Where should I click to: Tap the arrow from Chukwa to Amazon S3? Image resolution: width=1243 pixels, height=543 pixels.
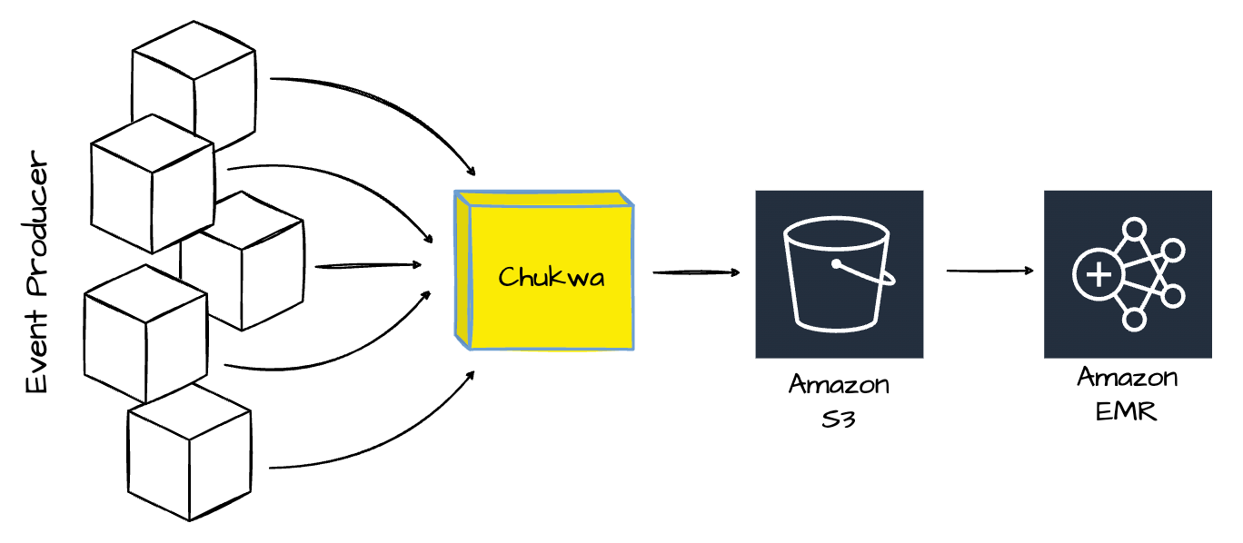point(695,272)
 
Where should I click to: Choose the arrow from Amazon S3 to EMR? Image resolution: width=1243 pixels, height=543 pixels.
point(990,271)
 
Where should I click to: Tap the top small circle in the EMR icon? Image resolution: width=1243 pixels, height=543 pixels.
point(1134,228)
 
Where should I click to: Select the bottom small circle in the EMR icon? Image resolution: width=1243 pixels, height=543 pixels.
point(1134,319)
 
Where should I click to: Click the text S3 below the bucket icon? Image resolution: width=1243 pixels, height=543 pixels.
point(837,420)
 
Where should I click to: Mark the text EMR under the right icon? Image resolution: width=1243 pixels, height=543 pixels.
point(1126,410)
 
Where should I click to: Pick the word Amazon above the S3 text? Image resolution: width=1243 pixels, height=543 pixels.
point(839,385)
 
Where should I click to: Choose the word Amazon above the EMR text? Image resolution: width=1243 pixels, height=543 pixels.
point(1128,377)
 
